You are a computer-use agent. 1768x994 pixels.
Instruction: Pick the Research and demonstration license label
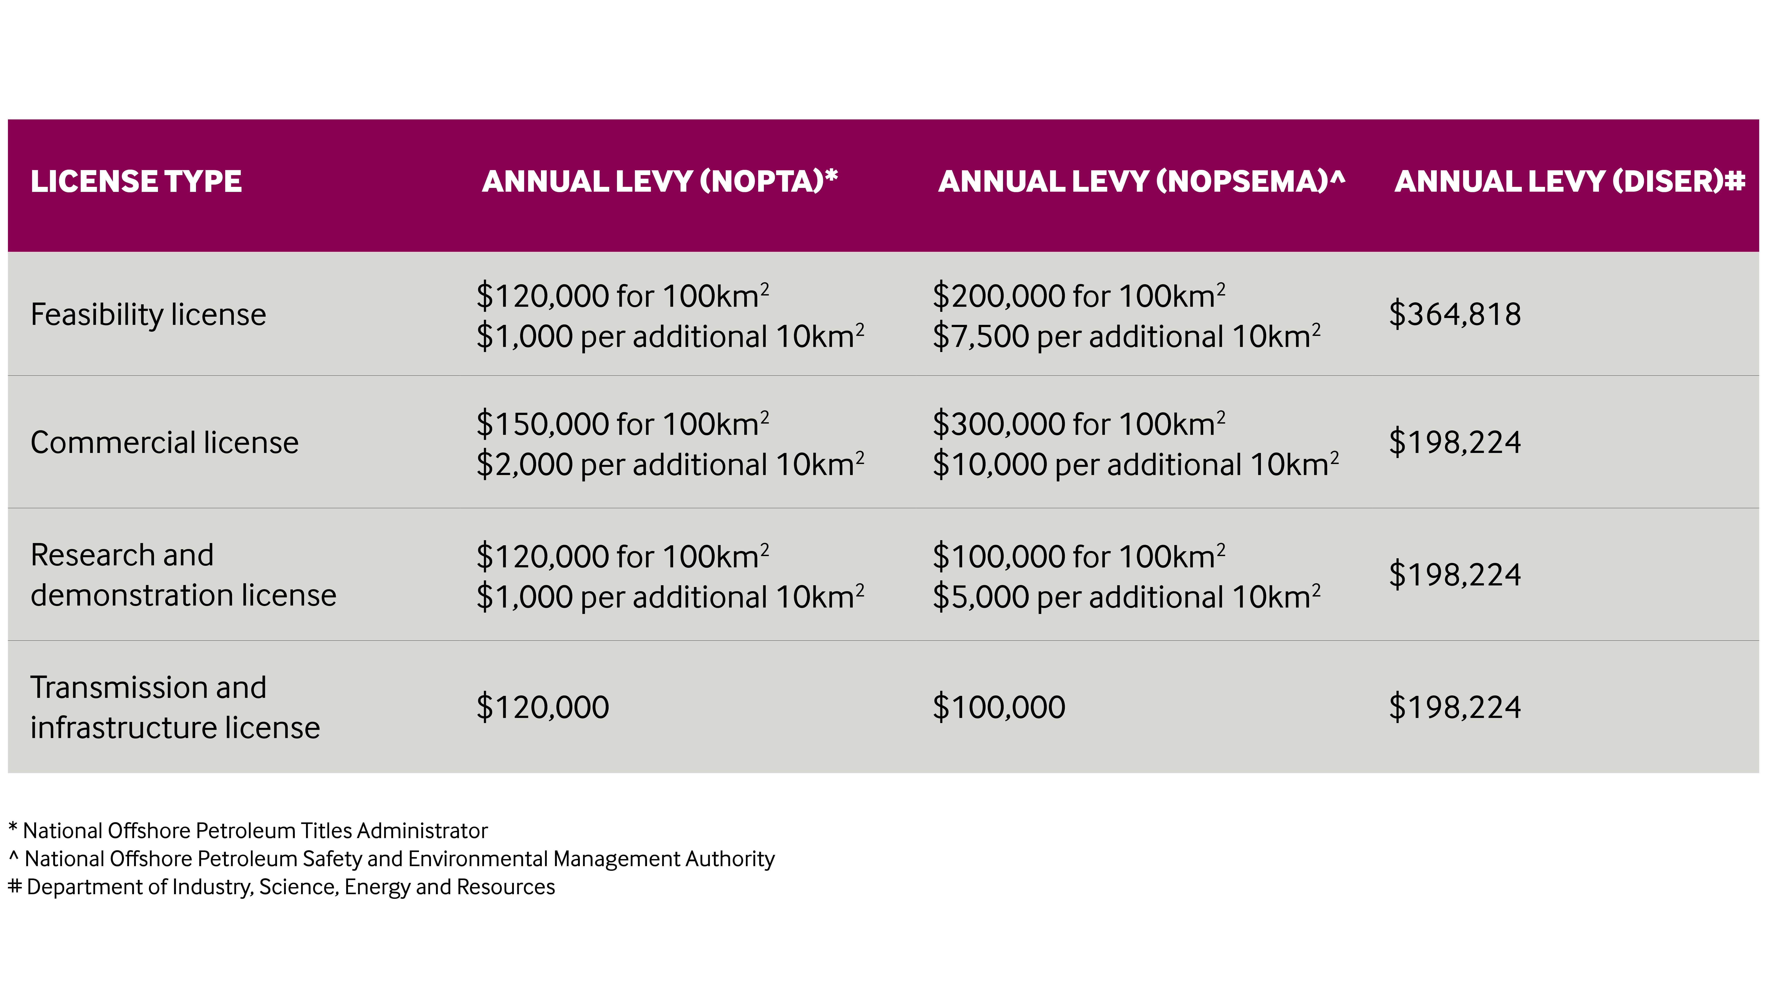[183, 575]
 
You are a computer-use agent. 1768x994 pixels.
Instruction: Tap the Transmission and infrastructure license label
[175, 707]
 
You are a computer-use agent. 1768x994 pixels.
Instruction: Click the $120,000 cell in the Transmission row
[542, 707]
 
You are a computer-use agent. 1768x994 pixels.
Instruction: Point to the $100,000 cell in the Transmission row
[999, 707]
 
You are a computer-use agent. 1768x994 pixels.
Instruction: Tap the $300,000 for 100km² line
[1078, 424]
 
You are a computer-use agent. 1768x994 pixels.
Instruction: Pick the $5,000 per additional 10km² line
[1126, 597]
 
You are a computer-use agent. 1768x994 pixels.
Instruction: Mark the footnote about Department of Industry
[281, 887]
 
